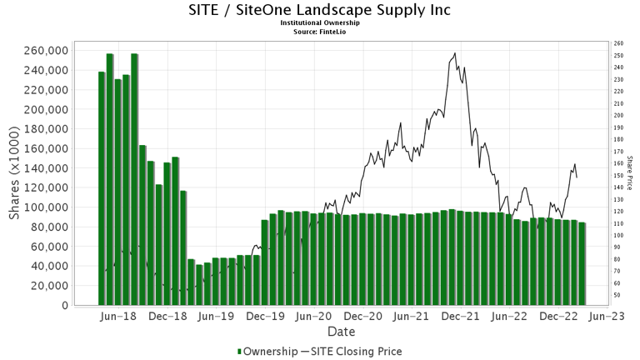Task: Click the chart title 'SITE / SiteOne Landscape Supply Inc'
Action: coord(320,11)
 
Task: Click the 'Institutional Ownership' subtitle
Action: coord(320,23)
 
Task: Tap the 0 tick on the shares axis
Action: coord(64,305)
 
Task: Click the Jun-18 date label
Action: coord(117,317)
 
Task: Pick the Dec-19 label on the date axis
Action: coord(268,317)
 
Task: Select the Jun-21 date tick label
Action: coord(416,317)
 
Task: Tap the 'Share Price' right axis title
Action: coord(630,172)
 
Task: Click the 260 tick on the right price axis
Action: coord(617,43)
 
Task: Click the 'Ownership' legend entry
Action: coord(268,351)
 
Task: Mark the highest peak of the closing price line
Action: coord(454,54)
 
